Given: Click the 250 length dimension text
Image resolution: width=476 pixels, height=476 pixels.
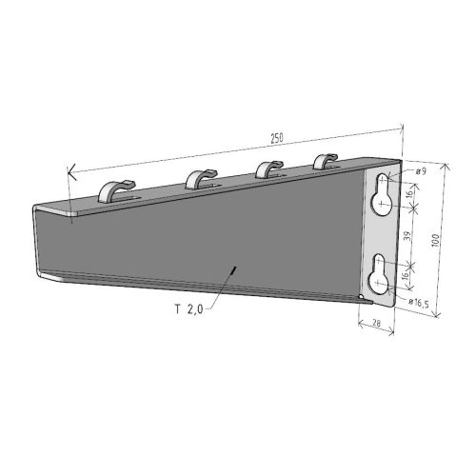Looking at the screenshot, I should coord(276,139).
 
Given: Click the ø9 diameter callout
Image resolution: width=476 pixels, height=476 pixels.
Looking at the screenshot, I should coord(420,170).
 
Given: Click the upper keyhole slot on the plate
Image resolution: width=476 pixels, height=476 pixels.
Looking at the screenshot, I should coord(383,191).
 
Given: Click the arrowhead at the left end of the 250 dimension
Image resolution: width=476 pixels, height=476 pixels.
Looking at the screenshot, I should coord(69,172).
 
